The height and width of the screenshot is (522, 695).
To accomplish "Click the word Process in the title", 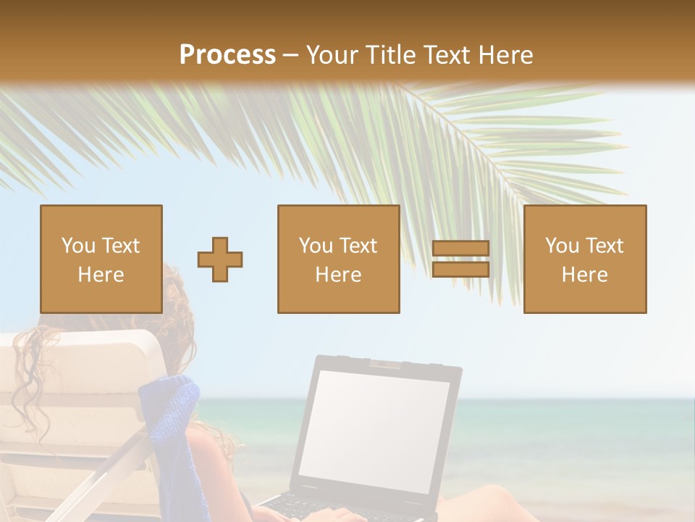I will [x=227, y=55].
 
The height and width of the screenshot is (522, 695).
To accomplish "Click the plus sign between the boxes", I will [x=220, y=260].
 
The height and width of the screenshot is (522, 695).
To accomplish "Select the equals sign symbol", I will [x=460, y=259].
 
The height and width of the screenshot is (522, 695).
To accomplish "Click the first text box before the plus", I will [x=101, y=259].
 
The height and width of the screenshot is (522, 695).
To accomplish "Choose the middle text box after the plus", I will [x=338, y=259].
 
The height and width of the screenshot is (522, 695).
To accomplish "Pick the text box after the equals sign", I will [x=584, y=259].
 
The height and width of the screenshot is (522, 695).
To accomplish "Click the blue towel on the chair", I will [x=170, y=428].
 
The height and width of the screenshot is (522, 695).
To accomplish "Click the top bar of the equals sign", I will [x=460, y=249].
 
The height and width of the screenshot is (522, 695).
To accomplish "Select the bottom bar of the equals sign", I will [x=460, y=270].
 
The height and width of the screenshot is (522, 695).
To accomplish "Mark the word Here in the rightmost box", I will [x=584, y=275].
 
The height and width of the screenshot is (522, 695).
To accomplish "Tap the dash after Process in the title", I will [x=291, y=55].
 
